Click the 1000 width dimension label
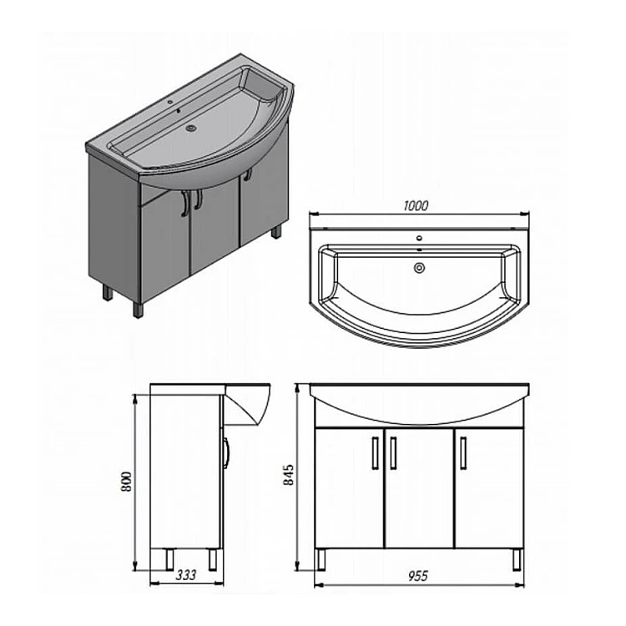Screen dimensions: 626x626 416,205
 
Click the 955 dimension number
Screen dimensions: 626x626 417,576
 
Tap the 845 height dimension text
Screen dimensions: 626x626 288,474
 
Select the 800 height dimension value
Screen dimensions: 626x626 126,482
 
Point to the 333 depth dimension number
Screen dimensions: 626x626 186,575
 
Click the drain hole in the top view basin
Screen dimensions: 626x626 419,268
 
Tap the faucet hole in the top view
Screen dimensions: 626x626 419,239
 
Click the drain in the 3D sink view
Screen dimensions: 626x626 192,129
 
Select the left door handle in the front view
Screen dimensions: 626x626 376,452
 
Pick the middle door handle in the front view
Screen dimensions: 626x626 393,452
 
